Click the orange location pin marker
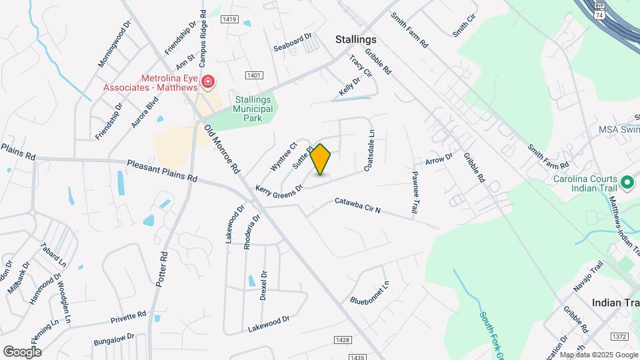321,159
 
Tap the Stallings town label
356,40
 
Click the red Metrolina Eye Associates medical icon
208,81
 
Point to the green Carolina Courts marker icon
626,181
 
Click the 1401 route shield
253,76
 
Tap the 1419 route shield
231,19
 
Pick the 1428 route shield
341,341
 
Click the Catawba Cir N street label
357,205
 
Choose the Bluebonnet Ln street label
369,292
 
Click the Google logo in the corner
22,351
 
